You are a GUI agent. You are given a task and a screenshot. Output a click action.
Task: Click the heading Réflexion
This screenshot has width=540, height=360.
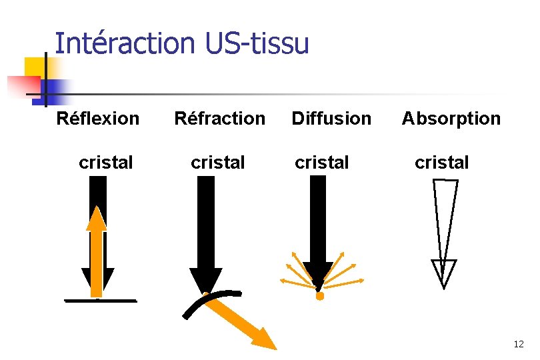(x=98, y=119)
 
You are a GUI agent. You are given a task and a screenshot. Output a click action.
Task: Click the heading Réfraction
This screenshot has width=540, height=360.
(x=219, y=119)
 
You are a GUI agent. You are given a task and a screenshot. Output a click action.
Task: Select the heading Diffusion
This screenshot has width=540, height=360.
(x=331, y=119)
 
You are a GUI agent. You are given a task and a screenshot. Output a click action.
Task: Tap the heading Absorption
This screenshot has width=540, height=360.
(x=451, y=119)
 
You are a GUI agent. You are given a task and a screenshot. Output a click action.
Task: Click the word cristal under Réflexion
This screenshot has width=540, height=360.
(x=105, y=162)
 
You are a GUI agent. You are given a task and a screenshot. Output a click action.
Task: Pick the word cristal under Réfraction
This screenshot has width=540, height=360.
(x=218, y=162)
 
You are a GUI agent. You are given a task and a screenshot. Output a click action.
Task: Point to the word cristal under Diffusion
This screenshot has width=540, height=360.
(x=322, y=162)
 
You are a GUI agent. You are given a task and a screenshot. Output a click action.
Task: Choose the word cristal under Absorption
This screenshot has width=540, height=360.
(x=441, y=162)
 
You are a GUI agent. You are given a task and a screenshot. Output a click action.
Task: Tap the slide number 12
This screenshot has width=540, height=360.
(x=519, y=344)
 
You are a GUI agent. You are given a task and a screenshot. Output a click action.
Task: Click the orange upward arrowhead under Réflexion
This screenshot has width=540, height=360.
(x=97, y=219)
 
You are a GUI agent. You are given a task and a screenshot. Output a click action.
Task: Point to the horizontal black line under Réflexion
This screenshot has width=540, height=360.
(x=100, y=301)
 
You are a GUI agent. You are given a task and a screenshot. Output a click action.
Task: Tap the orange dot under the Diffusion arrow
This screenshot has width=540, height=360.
(x=319, y=296)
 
